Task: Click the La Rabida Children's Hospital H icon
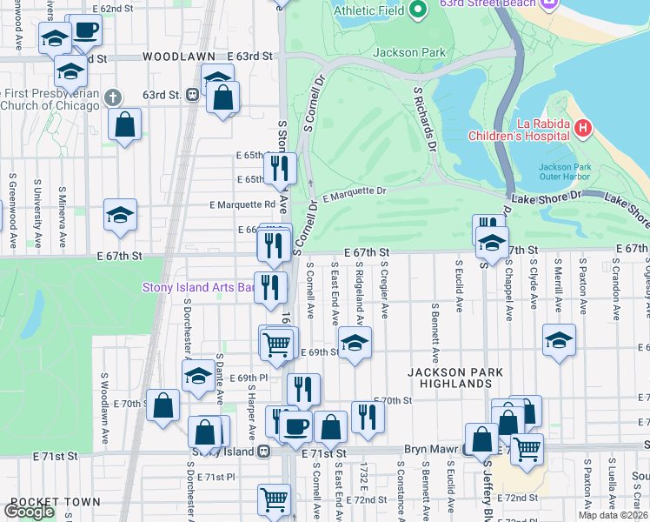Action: [x=582, y=130]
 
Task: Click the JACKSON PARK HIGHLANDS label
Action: [x=455, y=378]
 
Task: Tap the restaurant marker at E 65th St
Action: [x=280, y=168]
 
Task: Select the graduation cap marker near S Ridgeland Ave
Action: [x=355, y=344]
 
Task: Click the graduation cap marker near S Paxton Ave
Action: [x=559, y=341]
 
